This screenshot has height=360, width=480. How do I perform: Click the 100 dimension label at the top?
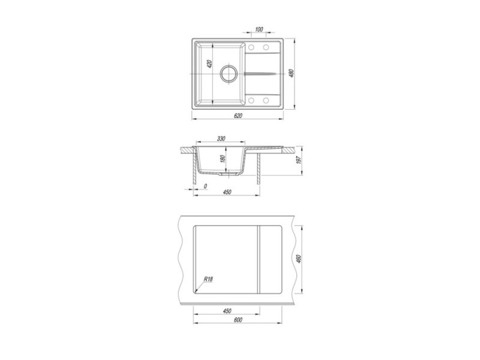tap(259, 29)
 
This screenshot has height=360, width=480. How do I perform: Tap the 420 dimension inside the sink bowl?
tap(209, 64)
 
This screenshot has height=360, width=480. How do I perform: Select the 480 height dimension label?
tap(292, 73)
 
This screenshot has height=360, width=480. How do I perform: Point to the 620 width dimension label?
tap(238, 116)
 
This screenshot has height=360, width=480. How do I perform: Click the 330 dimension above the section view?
tap(221, 139)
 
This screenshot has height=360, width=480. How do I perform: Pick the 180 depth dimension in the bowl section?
tap(223, 159)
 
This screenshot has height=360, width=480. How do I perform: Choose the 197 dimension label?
tap(299, 160)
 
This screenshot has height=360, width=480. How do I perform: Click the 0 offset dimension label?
tap(205, 186)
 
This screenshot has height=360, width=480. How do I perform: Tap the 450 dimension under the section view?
tap(227, 192)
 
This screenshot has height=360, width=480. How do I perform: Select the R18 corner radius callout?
tap(208, 279)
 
